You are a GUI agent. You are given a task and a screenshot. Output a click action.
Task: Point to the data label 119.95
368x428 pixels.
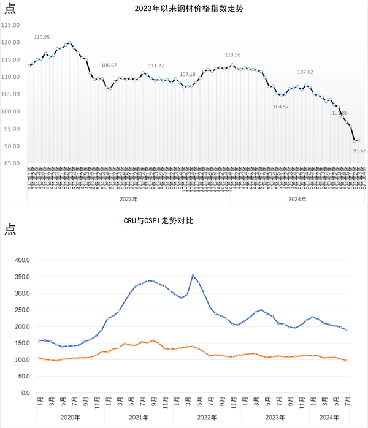(42, 37)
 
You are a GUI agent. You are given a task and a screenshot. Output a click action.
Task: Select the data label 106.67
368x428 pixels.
(109, 65)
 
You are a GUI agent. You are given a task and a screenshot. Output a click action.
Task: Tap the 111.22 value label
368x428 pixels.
(156, 66)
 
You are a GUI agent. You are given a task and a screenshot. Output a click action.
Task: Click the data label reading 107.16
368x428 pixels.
(188, 74)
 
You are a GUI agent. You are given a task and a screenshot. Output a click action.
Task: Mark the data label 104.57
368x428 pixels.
(281, 107)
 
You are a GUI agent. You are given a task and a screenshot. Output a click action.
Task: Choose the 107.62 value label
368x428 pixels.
(305, 72)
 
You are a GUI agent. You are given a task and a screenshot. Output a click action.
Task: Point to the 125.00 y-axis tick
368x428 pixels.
(11, 25)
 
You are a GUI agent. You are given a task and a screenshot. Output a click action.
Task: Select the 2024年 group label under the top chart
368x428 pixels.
(298, 199)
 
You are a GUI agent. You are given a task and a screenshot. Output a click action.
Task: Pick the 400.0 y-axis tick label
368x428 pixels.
(22, 260)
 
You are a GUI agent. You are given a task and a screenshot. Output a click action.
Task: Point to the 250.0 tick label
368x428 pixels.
(22, 310)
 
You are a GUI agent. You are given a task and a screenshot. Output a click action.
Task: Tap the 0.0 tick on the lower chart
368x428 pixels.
(26, 392)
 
